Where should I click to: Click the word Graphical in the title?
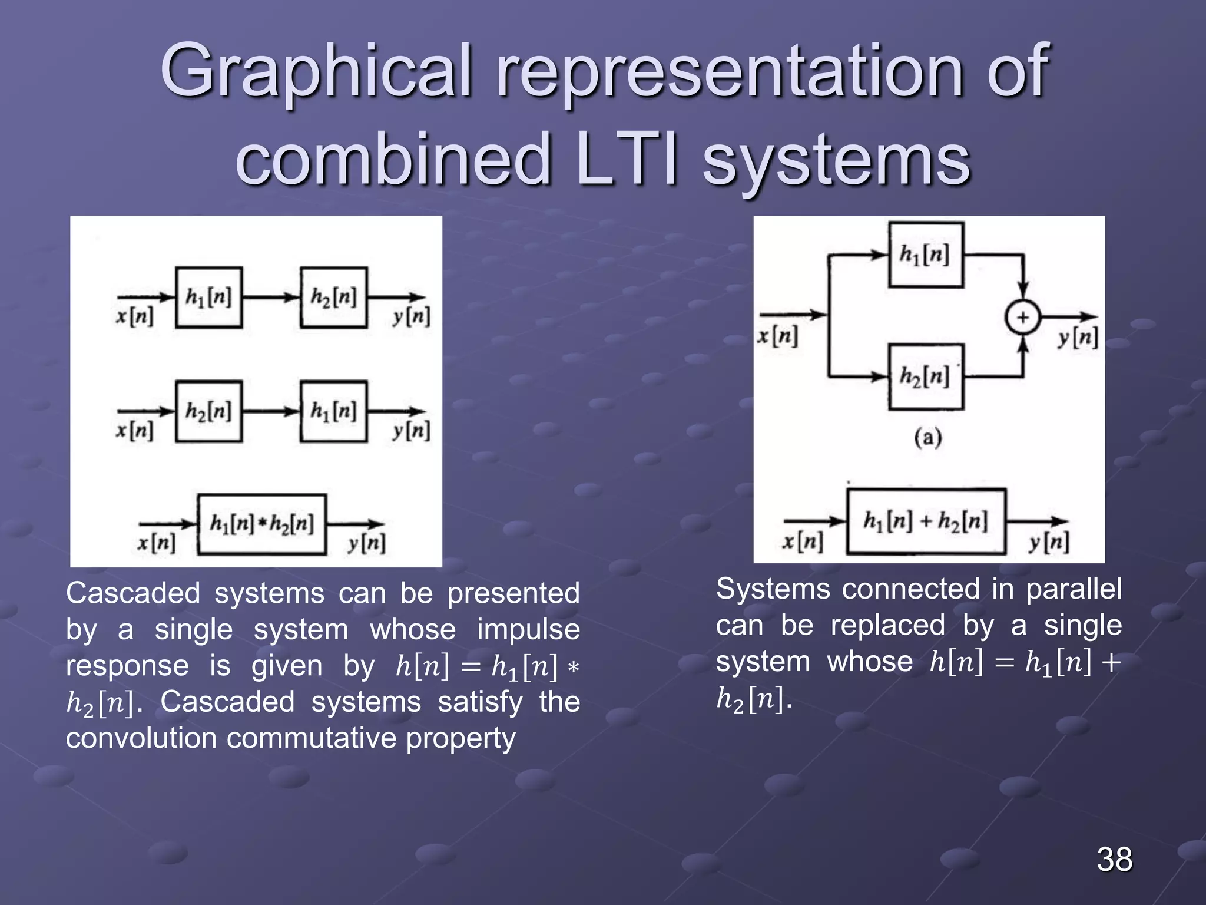tap(316, 72)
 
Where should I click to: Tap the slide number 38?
tap(1114, 859)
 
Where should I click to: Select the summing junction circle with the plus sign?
tap(1023, 318)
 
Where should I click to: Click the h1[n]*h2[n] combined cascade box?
tap(262, 524)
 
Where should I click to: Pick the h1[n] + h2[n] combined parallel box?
tap(926, 521)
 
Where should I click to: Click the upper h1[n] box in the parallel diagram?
tap(926, 255)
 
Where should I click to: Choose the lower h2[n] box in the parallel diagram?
tap(926, 376)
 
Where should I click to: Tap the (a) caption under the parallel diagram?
tap(927, 438)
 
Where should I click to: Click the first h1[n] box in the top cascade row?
tap(208, 298)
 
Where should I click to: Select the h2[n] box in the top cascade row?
tap(333, 298)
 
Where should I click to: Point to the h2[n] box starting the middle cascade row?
tap(208, 411)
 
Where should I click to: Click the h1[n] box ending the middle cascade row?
tap(333, 411)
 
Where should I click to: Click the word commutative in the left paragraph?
tap(312, 738)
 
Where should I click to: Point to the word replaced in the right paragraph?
tap(887, 625)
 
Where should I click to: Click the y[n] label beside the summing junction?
tap(1078, 338)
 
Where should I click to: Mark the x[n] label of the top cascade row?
tap(134, 318)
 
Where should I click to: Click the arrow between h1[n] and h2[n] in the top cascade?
tap(271, 298)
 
